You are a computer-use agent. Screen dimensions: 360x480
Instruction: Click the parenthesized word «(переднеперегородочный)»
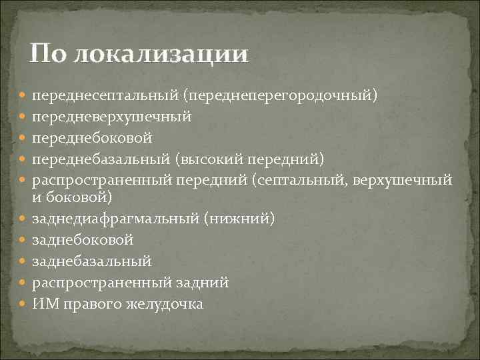[282, 97]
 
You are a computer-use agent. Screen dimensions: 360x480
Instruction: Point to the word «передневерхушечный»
[112, 117]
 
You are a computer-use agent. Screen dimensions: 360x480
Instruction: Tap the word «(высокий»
[209, 158]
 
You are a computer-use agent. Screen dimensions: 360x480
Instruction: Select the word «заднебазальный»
[92, 260]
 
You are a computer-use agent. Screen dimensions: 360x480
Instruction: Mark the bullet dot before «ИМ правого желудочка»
[24, 303]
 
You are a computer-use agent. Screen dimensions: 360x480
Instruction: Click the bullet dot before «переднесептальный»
[24, 97]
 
